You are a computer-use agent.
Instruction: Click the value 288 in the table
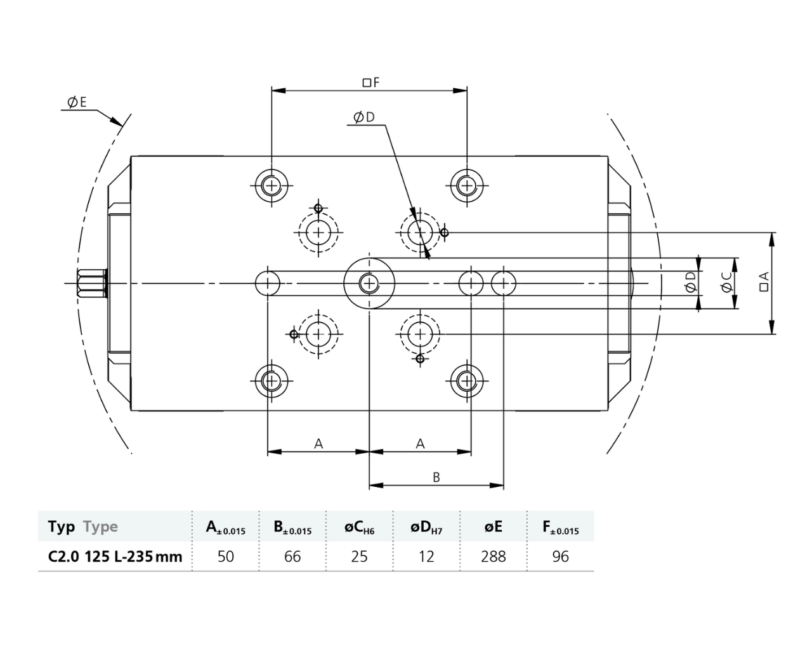tap(494, 557)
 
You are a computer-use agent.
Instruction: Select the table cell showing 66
tap(292, 557)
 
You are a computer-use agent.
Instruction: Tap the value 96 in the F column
tap(560, 557)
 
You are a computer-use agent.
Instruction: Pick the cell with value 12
tap(426, 557)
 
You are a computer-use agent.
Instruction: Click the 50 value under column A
tap(225, 557)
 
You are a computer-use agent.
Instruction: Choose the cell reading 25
tap(359, 557)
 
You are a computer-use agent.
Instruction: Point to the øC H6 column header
tap(359, 527)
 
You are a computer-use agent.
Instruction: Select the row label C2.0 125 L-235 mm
tap(115, 557)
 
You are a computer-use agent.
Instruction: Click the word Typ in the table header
tap(61, 527)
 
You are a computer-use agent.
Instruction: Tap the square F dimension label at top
tap(370, 83)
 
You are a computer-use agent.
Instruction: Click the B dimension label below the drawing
tap(436, 477)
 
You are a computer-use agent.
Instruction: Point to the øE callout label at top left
tap(77, 102)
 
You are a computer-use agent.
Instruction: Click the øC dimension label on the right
tap(727, 283)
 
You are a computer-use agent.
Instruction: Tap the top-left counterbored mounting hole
tap(272, 185)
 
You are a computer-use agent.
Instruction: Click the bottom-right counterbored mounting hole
tap(467, 381)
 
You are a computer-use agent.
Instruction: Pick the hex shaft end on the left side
tap(91, 283)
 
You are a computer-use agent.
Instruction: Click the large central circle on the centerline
tap(369, 283)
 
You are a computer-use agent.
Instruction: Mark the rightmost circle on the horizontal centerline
tap(504, 283)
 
